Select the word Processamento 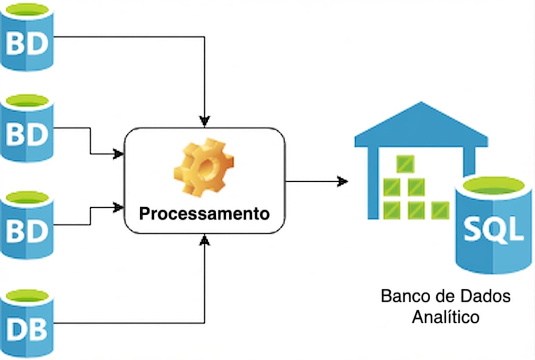204,214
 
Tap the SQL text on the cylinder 493,229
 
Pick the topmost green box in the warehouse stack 405,164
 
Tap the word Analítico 445,317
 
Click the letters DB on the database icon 26,330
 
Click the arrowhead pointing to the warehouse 342,182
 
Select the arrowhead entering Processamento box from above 205,121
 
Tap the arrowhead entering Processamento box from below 205,240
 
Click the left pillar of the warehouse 373,183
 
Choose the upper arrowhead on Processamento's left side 118,154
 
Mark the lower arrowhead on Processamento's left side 118,208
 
